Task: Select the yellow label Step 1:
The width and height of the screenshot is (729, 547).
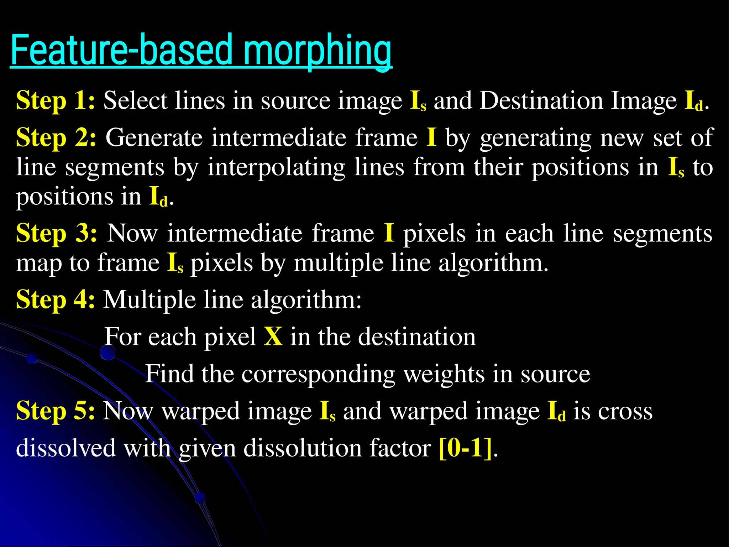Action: pos(56,101)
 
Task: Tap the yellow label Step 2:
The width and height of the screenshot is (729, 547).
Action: pos(56,138)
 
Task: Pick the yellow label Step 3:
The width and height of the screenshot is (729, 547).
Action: pos(57,234)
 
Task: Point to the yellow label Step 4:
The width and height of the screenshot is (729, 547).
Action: pos(56,299)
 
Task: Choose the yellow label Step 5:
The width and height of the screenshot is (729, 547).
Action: pos(56,411)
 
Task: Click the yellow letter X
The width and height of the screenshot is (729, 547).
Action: pos(273,337)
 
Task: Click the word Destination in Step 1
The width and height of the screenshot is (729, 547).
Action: pos(541,101)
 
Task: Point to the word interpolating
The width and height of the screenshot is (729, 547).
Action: pos(276,167)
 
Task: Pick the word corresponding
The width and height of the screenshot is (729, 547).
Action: pos(318,374)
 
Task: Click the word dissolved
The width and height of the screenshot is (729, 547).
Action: pos(66,448)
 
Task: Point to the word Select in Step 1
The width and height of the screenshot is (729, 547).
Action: pos(135,101)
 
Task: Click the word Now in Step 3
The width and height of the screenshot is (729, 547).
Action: pos(132,234)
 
